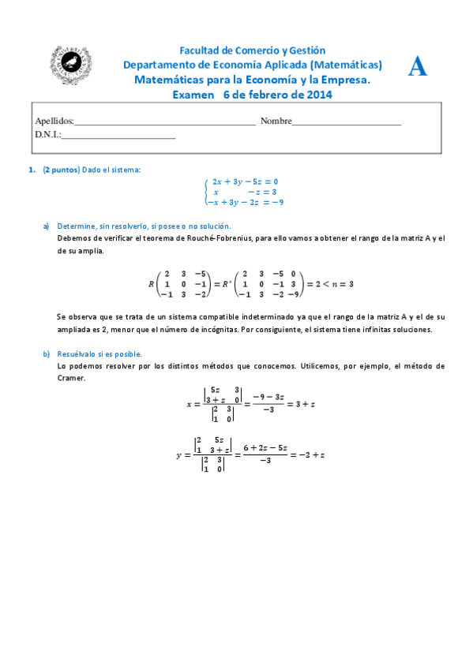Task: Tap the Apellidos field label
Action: [x=54, y=121]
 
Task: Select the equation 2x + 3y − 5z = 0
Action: [x=245, y=181]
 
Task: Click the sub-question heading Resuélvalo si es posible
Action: [x=99, y=354]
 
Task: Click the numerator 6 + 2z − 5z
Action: [x=264, y=447]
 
